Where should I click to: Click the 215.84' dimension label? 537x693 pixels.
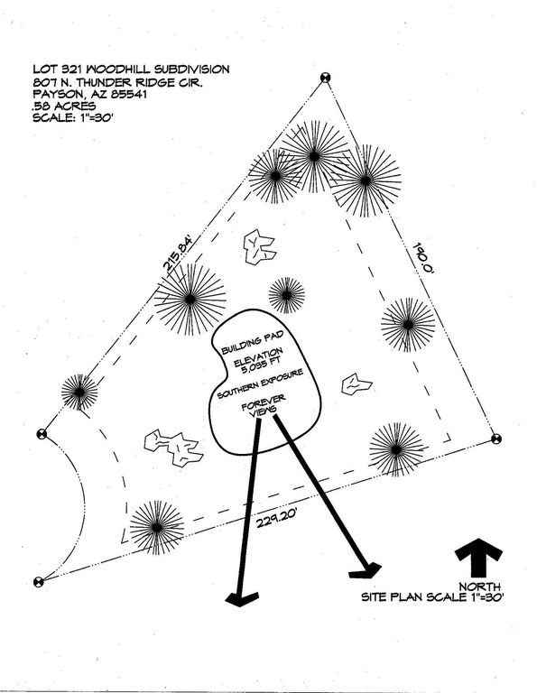click(x=179, y=254)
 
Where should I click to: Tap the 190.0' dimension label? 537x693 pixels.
click(x=424, y=260)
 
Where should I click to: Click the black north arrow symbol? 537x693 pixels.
click(x=478, y=558)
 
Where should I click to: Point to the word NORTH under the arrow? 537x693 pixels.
click(x=479, y=587)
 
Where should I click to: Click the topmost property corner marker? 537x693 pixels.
click(x=325, y=78)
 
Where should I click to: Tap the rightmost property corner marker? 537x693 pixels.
click(x=496, y=439)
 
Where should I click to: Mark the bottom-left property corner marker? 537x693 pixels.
click(x=39, y=582)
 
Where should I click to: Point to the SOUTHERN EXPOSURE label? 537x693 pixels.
click(x=260, y=383)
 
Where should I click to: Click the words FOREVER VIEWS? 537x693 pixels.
click(x=264, y=406)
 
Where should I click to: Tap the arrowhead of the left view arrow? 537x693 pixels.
click(x=241, y=599)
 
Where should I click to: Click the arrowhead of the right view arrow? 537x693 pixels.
click(x=366, y=570)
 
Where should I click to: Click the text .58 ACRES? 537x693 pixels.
click(x=64, y=106)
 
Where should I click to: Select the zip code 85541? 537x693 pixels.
click(x=130, y=94)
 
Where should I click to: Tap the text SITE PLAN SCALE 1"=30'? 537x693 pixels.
click(x=432, y=597)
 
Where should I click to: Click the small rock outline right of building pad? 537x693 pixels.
click(x=356, y=384)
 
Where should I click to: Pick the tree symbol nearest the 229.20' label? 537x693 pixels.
click(x=157, y=527)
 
